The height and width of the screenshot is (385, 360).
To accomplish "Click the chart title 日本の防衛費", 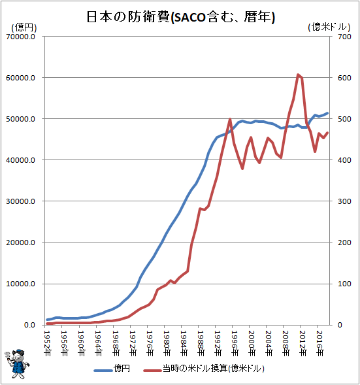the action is (x=128, y=17).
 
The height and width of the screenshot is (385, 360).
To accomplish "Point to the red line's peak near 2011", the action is (x=298, y=75).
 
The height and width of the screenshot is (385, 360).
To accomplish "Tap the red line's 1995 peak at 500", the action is (x=230, y=119).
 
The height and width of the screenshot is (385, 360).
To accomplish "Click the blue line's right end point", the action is (x=327, y=113).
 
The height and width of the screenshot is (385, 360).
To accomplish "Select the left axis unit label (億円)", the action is (x=24, y=27).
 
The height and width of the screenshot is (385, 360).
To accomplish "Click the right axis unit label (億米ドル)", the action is (x=329, y=27).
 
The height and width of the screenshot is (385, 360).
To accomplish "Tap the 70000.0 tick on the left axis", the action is (x=21, y=37).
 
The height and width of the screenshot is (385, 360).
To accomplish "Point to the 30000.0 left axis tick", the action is (x=21, y=201).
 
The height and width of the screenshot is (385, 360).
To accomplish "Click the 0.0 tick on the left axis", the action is (x=29, y=325).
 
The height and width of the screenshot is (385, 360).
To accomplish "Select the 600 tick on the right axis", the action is (x=344, y=78).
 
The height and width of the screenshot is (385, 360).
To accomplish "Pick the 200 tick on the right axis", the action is (x=344, y=243).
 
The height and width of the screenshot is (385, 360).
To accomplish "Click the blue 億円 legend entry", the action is (x=112, y=369).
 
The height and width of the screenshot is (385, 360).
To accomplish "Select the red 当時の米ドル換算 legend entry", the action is (x=204, y=369).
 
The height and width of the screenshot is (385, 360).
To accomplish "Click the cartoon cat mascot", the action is (x=16, y=364).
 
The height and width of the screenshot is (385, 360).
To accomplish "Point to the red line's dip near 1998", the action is (x=242, y=169).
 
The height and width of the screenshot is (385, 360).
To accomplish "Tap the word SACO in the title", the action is (x=189, y=18).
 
